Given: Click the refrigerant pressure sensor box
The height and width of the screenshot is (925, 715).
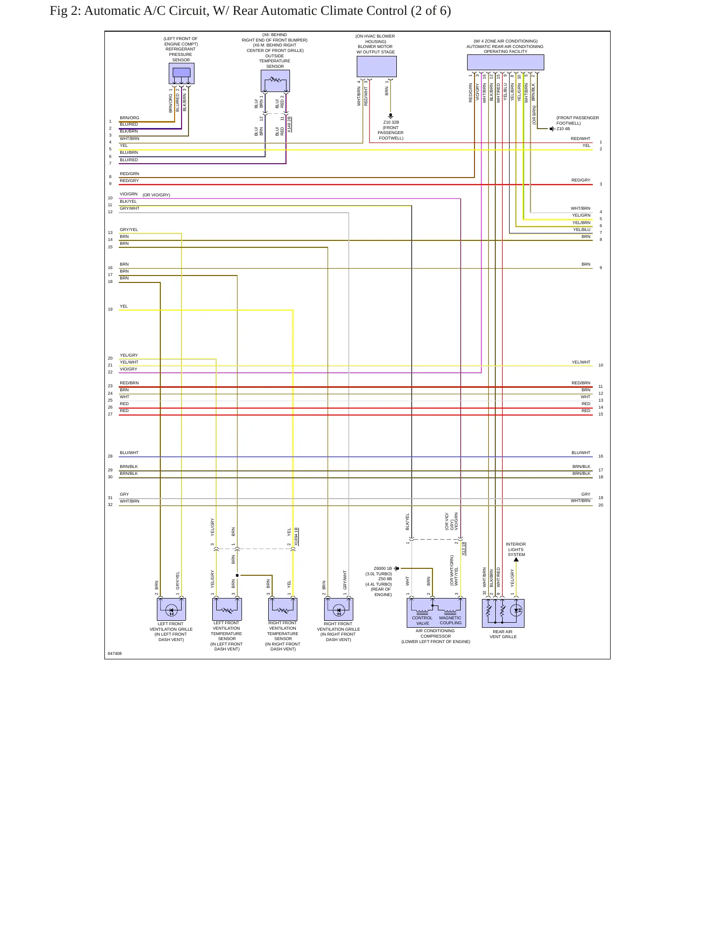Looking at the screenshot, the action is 181,73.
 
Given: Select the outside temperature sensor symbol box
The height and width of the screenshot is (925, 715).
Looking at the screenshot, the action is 275,81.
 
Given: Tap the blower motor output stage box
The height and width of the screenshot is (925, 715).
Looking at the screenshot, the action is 377,66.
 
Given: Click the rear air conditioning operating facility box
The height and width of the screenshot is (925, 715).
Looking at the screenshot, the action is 505,62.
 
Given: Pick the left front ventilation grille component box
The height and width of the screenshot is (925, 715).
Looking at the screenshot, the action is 171,609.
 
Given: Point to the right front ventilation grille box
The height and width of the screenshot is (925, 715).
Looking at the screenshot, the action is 338,609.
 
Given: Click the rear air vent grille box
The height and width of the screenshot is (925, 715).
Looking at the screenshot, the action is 503,613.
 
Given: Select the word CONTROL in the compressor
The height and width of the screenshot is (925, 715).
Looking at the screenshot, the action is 422,618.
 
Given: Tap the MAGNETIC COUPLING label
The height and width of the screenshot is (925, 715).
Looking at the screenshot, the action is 450,620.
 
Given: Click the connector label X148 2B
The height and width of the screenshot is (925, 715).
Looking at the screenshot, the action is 289,124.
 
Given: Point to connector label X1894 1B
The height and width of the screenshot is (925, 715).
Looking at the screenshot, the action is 296,537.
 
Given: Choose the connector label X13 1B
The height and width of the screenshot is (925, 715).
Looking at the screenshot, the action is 464,549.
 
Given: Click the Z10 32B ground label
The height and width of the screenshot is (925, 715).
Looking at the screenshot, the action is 391,122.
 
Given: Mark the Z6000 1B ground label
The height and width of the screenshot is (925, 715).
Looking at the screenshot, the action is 382,568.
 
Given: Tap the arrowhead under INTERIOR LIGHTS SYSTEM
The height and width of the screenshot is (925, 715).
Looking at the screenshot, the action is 516,559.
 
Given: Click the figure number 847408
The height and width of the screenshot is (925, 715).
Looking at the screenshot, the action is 115,653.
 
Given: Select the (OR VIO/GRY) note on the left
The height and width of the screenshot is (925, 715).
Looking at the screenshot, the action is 156,195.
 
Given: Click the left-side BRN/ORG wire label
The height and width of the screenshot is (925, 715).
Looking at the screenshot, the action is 130,118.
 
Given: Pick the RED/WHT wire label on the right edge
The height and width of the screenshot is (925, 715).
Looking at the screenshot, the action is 580,139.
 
